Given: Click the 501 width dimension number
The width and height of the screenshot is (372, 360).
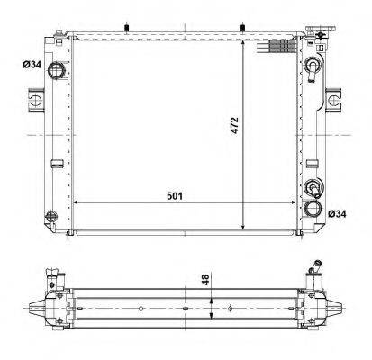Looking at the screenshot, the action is (x=175, y=196).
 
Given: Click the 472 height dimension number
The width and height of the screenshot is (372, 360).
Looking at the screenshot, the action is (x=234, y=125).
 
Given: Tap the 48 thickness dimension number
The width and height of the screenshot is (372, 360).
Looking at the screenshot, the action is (x=205, y=280).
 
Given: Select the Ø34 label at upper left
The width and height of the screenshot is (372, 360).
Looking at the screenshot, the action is (x=32, y=64).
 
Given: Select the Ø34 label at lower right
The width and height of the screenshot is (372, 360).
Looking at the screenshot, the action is (x=337, y=214).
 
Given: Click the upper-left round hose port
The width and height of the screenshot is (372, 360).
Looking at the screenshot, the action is (x=57, y=71).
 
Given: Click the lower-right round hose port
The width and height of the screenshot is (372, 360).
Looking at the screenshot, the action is (x=313, y=209).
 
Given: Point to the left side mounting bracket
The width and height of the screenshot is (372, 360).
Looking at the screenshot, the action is (x=37, y=100).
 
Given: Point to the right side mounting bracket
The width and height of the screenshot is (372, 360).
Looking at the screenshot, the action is (x=333, y=100).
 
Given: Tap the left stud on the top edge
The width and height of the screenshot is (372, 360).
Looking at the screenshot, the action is (x=127, y=28).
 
